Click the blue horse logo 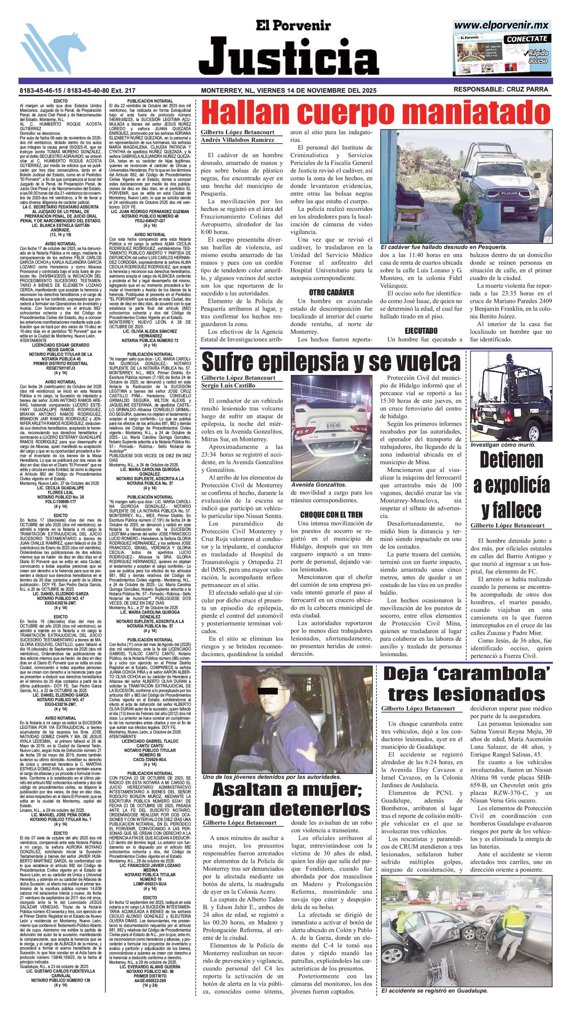coord(53,49)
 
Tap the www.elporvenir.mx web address coord(501,25)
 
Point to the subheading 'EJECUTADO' coord(421,331)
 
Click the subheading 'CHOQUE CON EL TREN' coord(331,515)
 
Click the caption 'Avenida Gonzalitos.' coord(319,485)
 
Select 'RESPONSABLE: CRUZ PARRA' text coord(500,89)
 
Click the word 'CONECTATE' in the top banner coord(527,39)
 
